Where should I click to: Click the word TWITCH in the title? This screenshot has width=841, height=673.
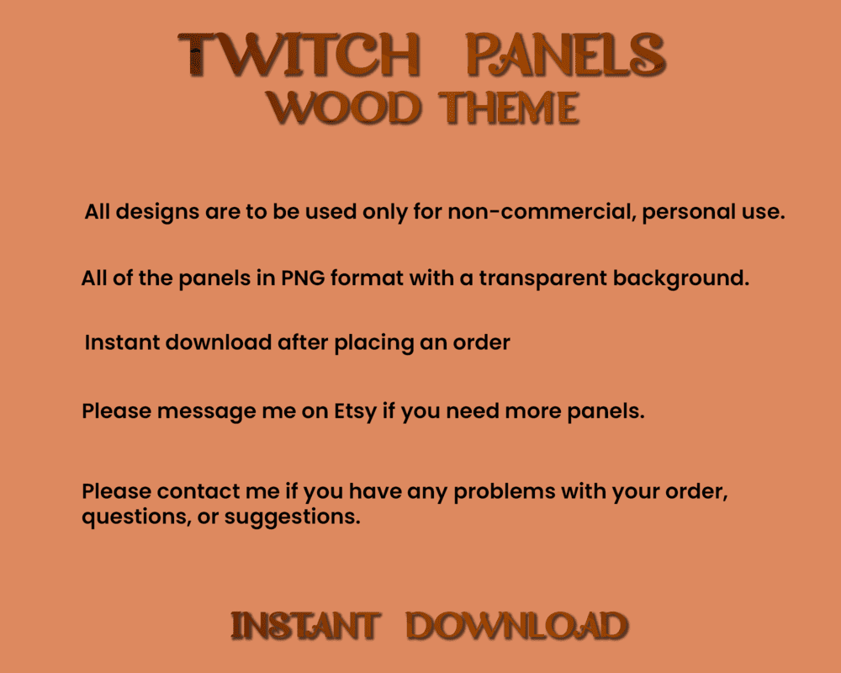(299, 56)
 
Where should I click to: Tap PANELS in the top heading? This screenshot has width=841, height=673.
(565, 56)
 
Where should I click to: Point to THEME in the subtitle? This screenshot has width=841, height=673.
(512, 109)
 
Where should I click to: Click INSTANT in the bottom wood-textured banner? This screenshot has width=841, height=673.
(304, 626)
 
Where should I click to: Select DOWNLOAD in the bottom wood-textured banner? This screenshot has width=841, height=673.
(516, 626)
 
